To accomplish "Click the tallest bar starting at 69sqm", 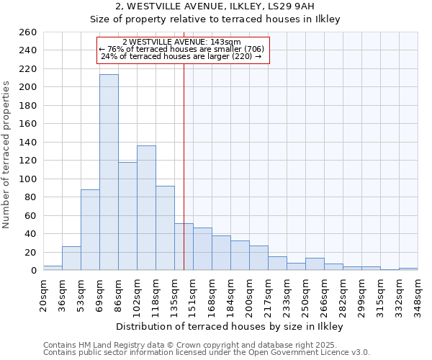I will (x=109, y=173).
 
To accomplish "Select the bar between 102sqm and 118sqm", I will (x=146, y=208).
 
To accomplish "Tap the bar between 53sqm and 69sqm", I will (x=90, y=230).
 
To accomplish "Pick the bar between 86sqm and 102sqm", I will (x=127, y=216).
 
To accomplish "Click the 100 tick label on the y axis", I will (x=28, y=179).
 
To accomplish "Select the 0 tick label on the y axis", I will (x=33, y=271).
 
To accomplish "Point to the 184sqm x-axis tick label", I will (x=231, y=295).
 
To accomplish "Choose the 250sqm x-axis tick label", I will (x=306, y=295).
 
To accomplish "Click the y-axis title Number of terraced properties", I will (x=7, y=155).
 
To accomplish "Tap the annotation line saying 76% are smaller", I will (x=182, y=49).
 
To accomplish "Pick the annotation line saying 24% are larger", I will (x=181, y=56).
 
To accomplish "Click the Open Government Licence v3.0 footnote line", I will (x=207, y=353).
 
